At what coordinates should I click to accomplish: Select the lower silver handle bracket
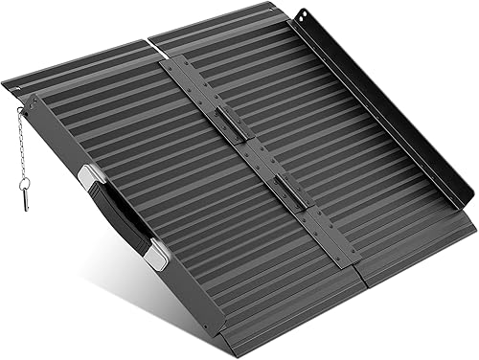[x=156, y=253]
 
